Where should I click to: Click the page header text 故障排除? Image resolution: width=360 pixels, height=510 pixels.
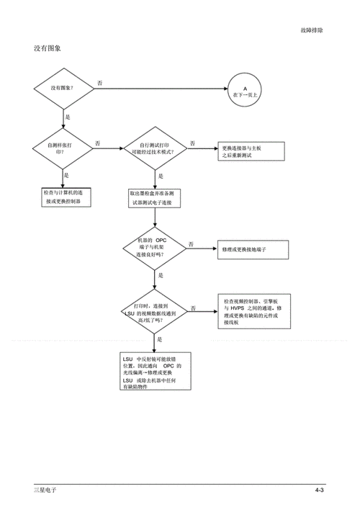[311, 30]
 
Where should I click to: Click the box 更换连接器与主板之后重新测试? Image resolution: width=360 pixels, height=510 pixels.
[251, 151]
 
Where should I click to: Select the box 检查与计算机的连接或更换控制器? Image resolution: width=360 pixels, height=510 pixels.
[67, 197]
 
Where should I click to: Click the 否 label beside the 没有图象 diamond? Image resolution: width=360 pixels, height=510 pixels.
[100, 84]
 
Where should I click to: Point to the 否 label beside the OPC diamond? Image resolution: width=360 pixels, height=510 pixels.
[192, 244]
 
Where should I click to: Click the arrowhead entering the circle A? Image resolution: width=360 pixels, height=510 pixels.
[225, 89]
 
